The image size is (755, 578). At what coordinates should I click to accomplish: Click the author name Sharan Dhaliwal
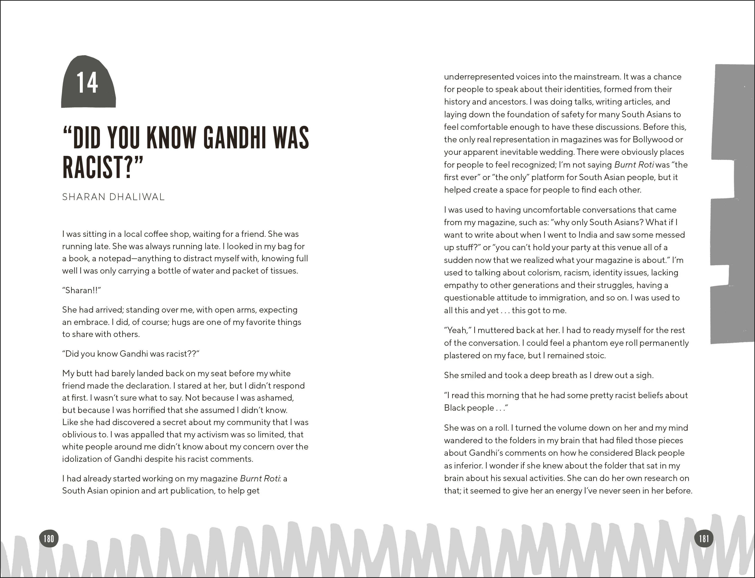click(x=113, y=197)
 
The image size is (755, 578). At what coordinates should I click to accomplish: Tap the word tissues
click(x=282, y=271)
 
